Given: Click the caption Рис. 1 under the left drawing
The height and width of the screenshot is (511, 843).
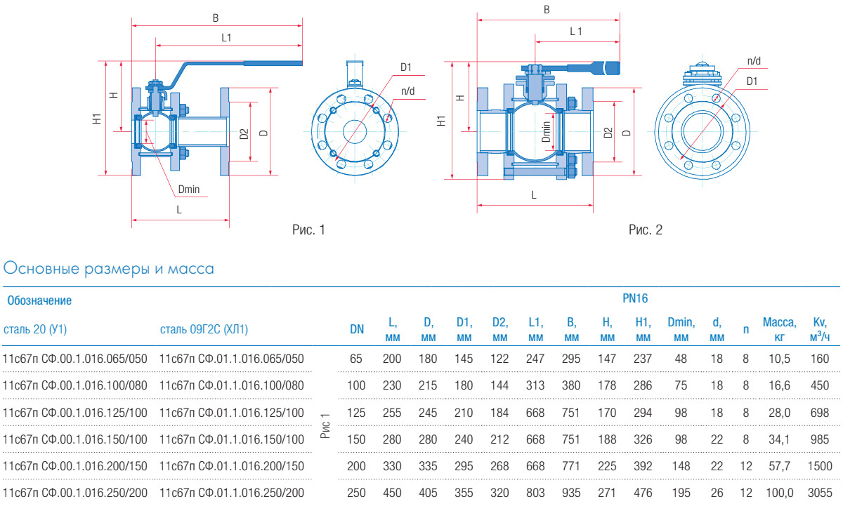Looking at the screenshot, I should (308, 230).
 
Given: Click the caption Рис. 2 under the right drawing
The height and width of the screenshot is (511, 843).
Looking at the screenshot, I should (645, 230).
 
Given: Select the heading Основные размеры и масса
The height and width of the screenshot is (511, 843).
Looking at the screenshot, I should (109, 268).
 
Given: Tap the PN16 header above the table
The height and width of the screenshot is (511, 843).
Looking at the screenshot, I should (634, 298).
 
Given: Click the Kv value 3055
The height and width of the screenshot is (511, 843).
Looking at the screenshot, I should (819, 493).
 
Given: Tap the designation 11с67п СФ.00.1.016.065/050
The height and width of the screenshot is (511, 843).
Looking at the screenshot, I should (76, 359).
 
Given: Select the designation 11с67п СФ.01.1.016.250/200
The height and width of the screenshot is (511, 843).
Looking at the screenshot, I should (233, 493).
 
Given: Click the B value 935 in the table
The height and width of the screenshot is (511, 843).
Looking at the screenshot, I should (572, 493).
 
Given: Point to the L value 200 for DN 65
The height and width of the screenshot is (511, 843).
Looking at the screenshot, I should (392, 359).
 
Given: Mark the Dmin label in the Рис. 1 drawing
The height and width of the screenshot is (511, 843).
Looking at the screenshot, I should (189, 189).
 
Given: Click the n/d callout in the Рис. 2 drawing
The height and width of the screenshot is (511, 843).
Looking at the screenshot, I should (754, 61).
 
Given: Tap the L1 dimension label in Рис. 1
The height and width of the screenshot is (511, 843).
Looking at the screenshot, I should (227, 38).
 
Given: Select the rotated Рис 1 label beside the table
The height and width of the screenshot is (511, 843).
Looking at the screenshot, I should (325, 425).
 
